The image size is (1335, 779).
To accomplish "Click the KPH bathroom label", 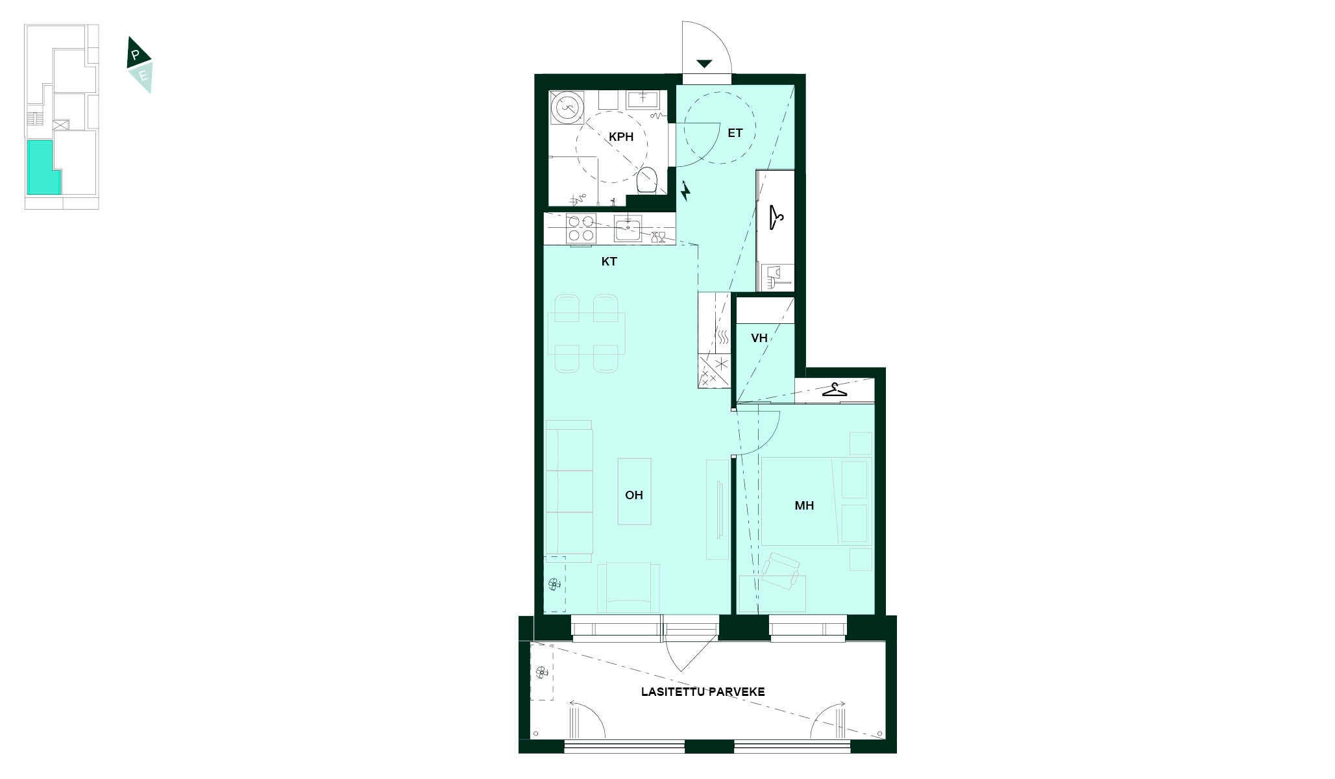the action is [620, 137].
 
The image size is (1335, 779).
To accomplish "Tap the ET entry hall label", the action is [735, 133].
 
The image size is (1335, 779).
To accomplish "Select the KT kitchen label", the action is [609, 262].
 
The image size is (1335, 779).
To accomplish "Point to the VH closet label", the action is [759, 338].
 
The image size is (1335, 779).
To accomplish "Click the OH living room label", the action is [634, 495].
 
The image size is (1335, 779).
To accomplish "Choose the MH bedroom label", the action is [804, 506].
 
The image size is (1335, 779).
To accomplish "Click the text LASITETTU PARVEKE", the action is [703, 692].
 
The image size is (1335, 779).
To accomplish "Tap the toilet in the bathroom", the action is [647, 180].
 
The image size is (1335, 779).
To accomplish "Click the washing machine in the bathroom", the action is [567, 107].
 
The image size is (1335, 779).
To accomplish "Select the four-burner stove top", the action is [581, 229].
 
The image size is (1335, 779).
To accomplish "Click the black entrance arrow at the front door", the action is [705, 64].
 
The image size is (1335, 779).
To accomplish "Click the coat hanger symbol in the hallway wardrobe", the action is [776, 217].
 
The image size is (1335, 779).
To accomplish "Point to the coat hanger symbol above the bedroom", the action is [835, 390].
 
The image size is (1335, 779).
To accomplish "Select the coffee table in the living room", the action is [635, 491].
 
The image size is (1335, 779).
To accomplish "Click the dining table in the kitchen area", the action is [587, 334].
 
